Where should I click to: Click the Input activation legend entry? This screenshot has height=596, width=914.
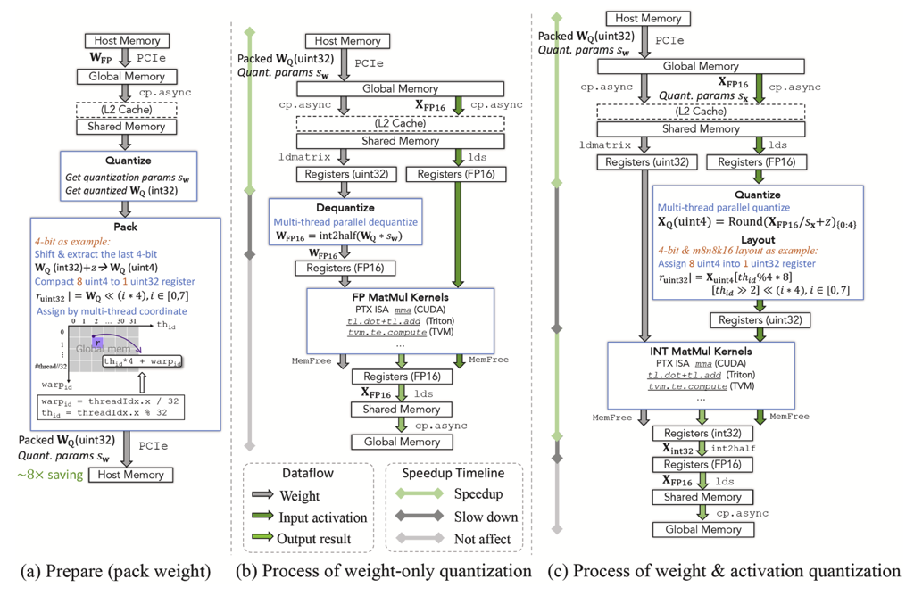click(322, 517)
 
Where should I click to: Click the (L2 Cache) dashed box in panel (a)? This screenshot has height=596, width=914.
click(125, 108)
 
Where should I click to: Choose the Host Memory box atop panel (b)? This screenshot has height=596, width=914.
click(347, 41)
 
